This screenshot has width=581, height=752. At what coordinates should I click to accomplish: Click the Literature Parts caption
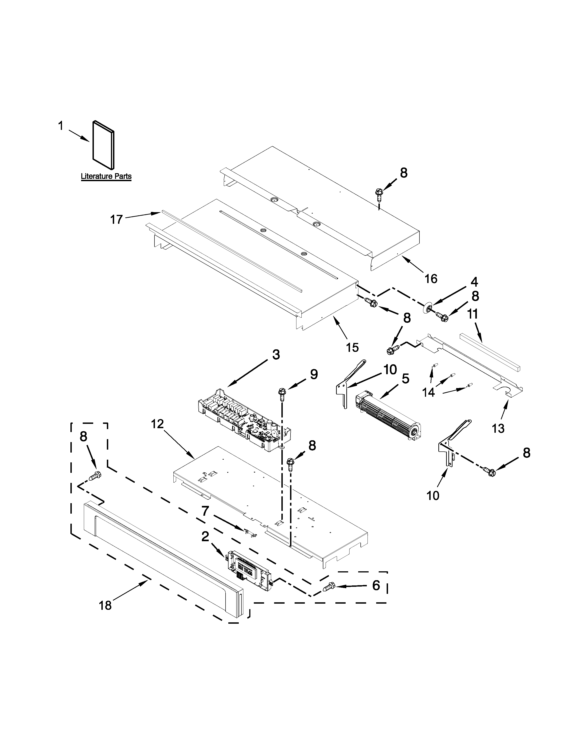coord(106,176)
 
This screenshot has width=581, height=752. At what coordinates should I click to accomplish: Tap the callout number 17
coord(116,219)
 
